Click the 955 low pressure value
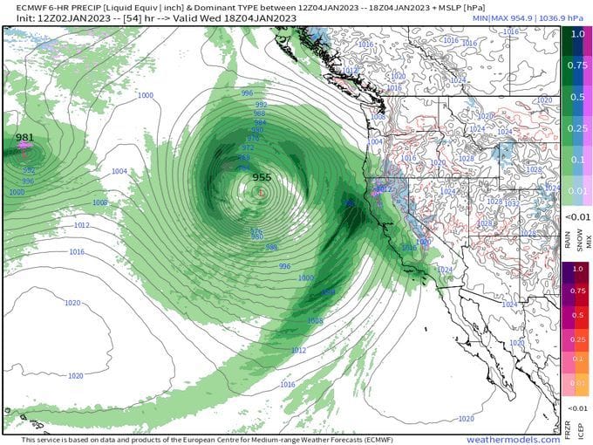click(262, 177)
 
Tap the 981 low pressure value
click(24, 137)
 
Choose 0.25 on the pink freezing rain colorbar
click(576, 339)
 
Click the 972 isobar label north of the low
click(247, 147)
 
